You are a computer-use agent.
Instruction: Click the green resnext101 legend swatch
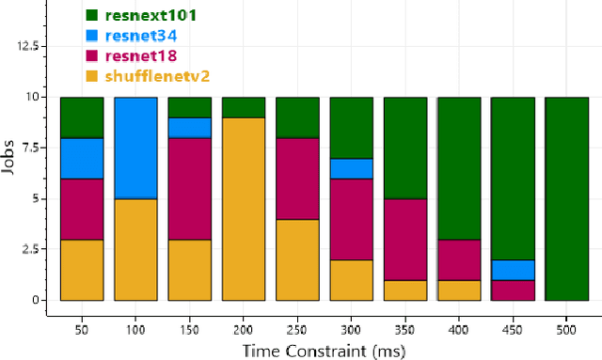(x=92, y=16)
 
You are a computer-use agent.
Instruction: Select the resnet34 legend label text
(x=143, y=36)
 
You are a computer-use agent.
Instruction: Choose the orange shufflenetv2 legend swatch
(x=92, y=77)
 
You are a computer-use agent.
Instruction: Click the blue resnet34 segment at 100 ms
(x=135, y=148)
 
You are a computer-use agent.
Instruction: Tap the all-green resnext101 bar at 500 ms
(x=566, y=198)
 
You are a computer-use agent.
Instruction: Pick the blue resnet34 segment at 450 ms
(x=513, y=270)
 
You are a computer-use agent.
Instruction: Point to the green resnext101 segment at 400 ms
(x=459, y=168)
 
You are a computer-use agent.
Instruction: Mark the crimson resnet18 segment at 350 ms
(x=404, y=239)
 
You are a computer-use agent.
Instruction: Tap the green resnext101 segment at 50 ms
(x=82, y=117)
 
